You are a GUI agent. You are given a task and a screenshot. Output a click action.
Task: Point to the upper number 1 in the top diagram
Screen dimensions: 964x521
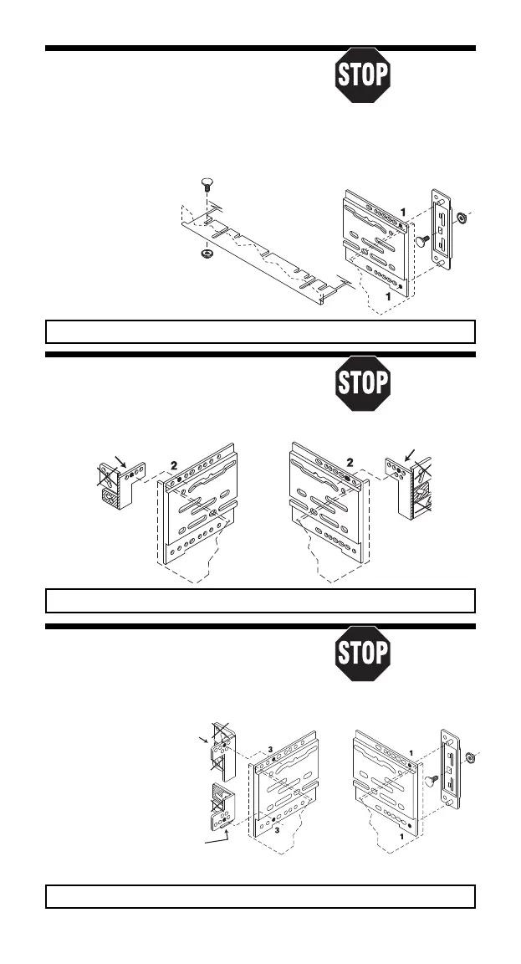[x=404, y=213]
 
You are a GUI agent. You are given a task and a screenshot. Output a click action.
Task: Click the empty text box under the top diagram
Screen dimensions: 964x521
[x=260, y=331]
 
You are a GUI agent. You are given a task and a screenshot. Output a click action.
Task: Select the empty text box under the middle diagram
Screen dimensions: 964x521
[x=260, y=601]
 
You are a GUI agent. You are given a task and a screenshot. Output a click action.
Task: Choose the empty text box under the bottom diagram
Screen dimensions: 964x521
[x=260, y=896]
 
